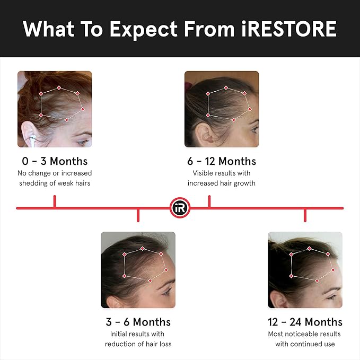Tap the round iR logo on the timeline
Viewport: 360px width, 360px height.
180,208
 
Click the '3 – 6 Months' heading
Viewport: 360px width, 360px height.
138,322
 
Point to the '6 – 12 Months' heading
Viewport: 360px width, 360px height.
222,161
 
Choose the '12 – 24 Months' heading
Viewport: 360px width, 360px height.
305,322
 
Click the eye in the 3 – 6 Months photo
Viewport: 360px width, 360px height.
165,291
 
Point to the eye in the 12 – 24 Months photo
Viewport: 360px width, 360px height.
332,296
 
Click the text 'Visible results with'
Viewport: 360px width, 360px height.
222,173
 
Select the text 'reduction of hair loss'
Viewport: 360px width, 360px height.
138,344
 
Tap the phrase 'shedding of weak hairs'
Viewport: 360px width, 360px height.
55,183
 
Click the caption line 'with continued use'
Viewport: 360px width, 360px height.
305,344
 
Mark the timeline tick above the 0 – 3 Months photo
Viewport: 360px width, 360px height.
55,201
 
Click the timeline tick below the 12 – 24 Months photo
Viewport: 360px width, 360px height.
305,214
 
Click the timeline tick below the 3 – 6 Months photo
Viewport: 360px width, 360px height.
138,214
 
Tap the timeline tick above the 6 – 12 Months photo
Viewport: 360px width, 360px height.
209,201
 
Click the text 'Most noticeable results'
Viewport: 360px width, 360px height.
305,334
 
